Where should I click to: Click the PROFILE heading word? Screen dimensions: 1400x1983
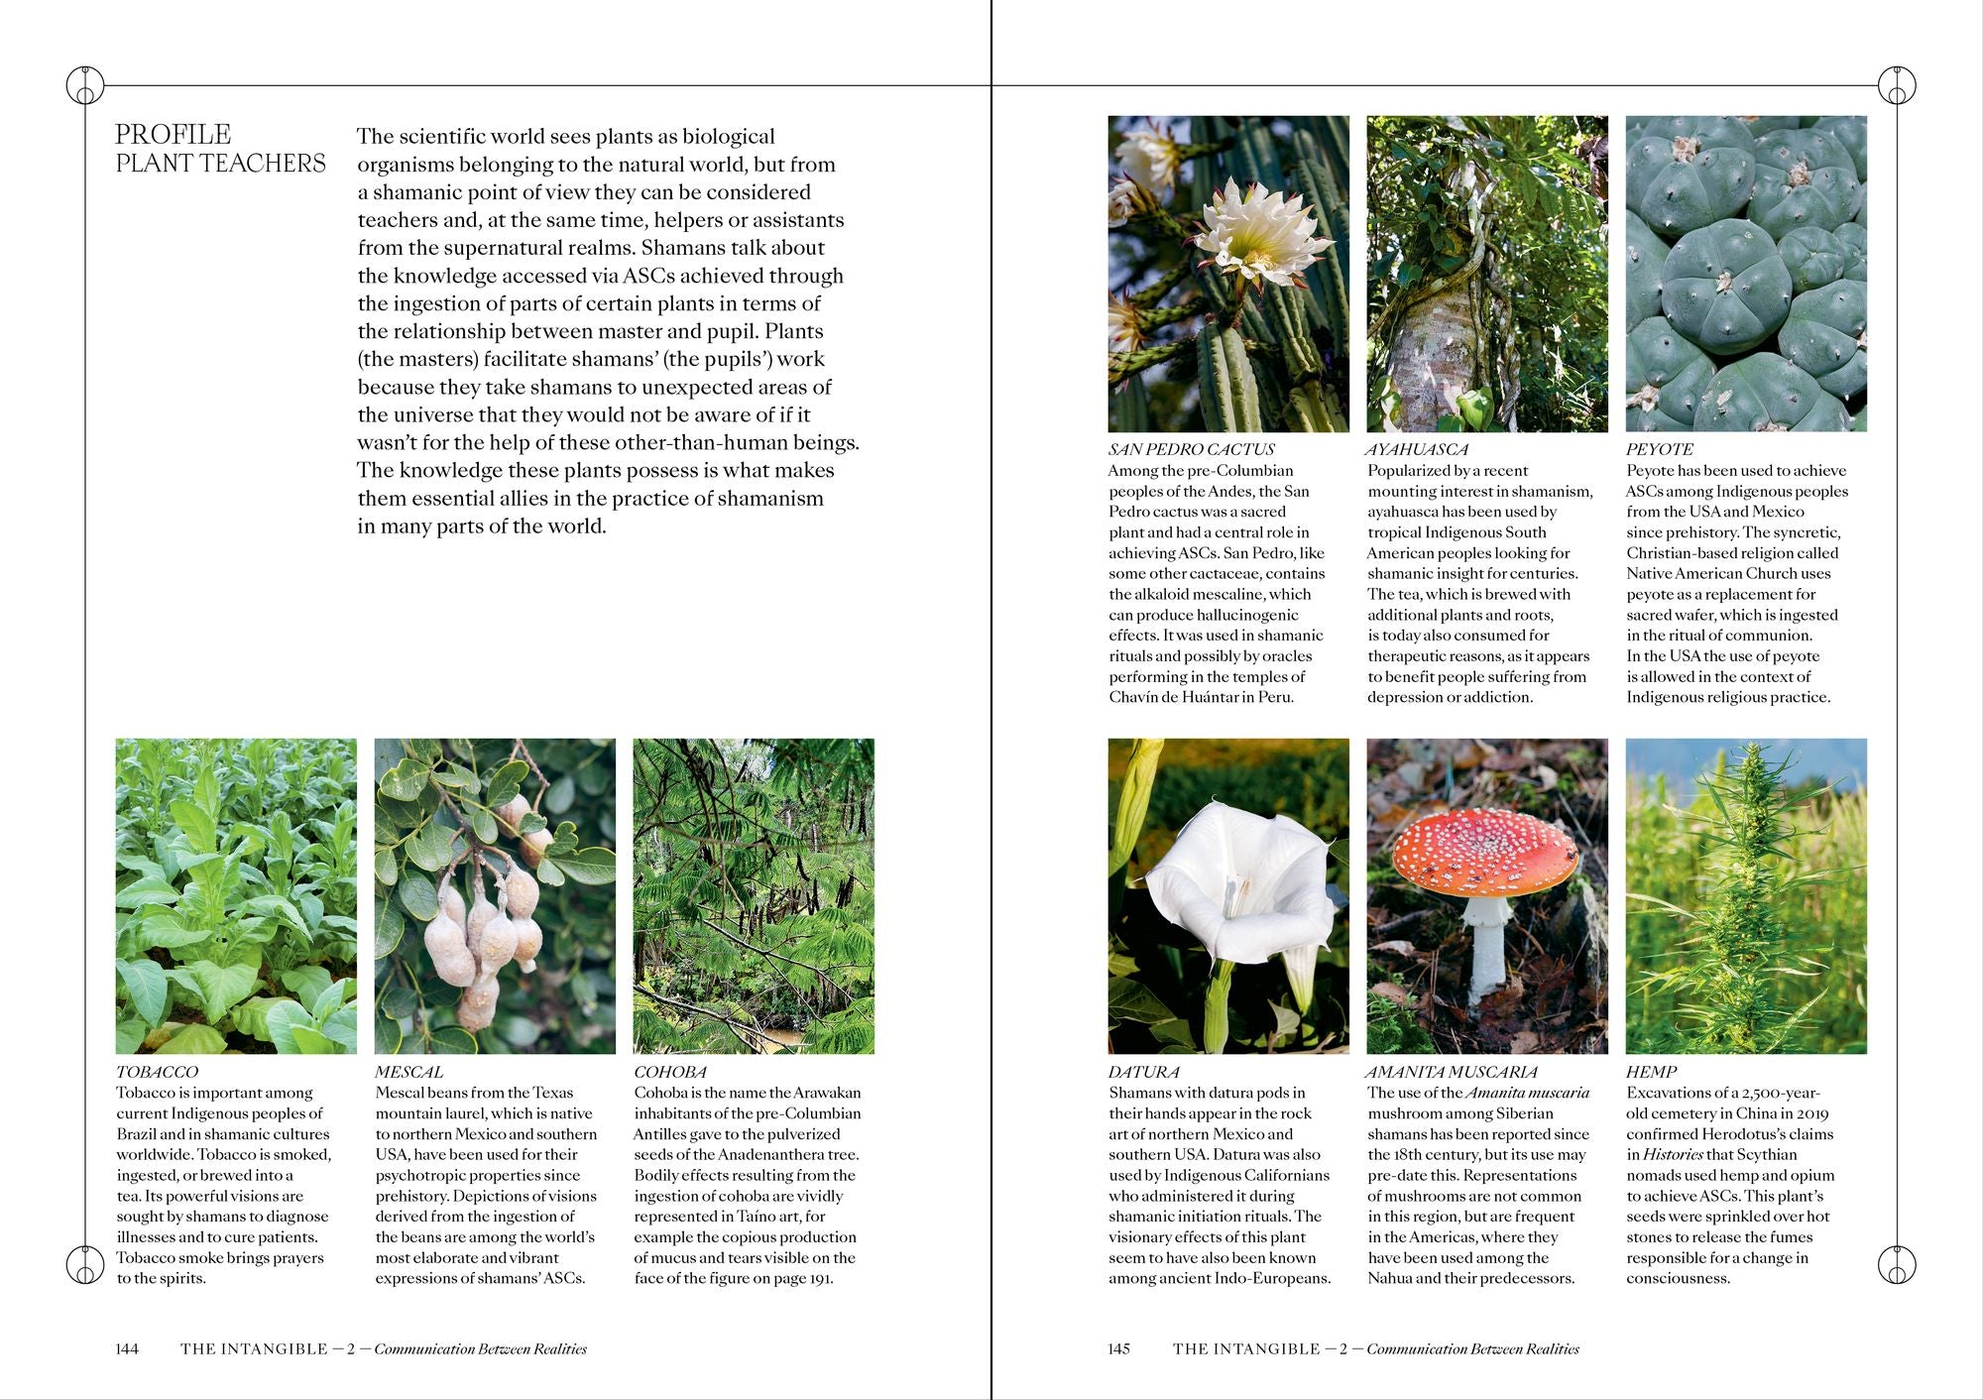[x=174, y=135]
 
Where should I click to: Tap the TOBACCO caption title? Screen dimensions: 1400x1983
[x=157, y=1072]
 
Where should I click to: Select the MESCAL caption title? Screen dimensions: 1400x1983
[x=408, y=1072]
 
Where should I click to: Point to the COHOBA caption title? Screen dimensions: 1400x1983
[x=670, y=1072]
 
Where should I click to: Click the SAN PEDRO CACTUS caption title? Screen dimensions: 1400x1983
[x=1191, y=449]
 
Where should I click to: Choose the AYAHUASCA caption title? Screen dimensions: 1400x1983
[x=1418, y=449]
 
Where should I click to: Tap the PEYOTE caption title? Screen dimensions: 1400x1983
[x=1660, y=449]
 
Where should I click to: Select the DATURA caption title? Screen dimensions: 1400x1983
[x=1144, y=1072]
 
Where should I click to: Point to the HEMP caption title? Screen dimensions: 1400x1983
[x=1651, y=1072]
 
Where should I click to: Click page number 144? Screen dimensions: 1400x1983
[x=127, y=1348]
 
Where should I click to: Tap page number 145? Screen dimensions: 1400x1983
[x=1118, y=1348]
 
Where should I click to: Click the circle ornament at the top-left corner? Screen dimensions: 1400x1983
[x=85, y=86]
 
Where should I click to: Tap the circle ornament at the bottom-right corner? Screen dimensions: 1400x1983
[x=1897, y=1264]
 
